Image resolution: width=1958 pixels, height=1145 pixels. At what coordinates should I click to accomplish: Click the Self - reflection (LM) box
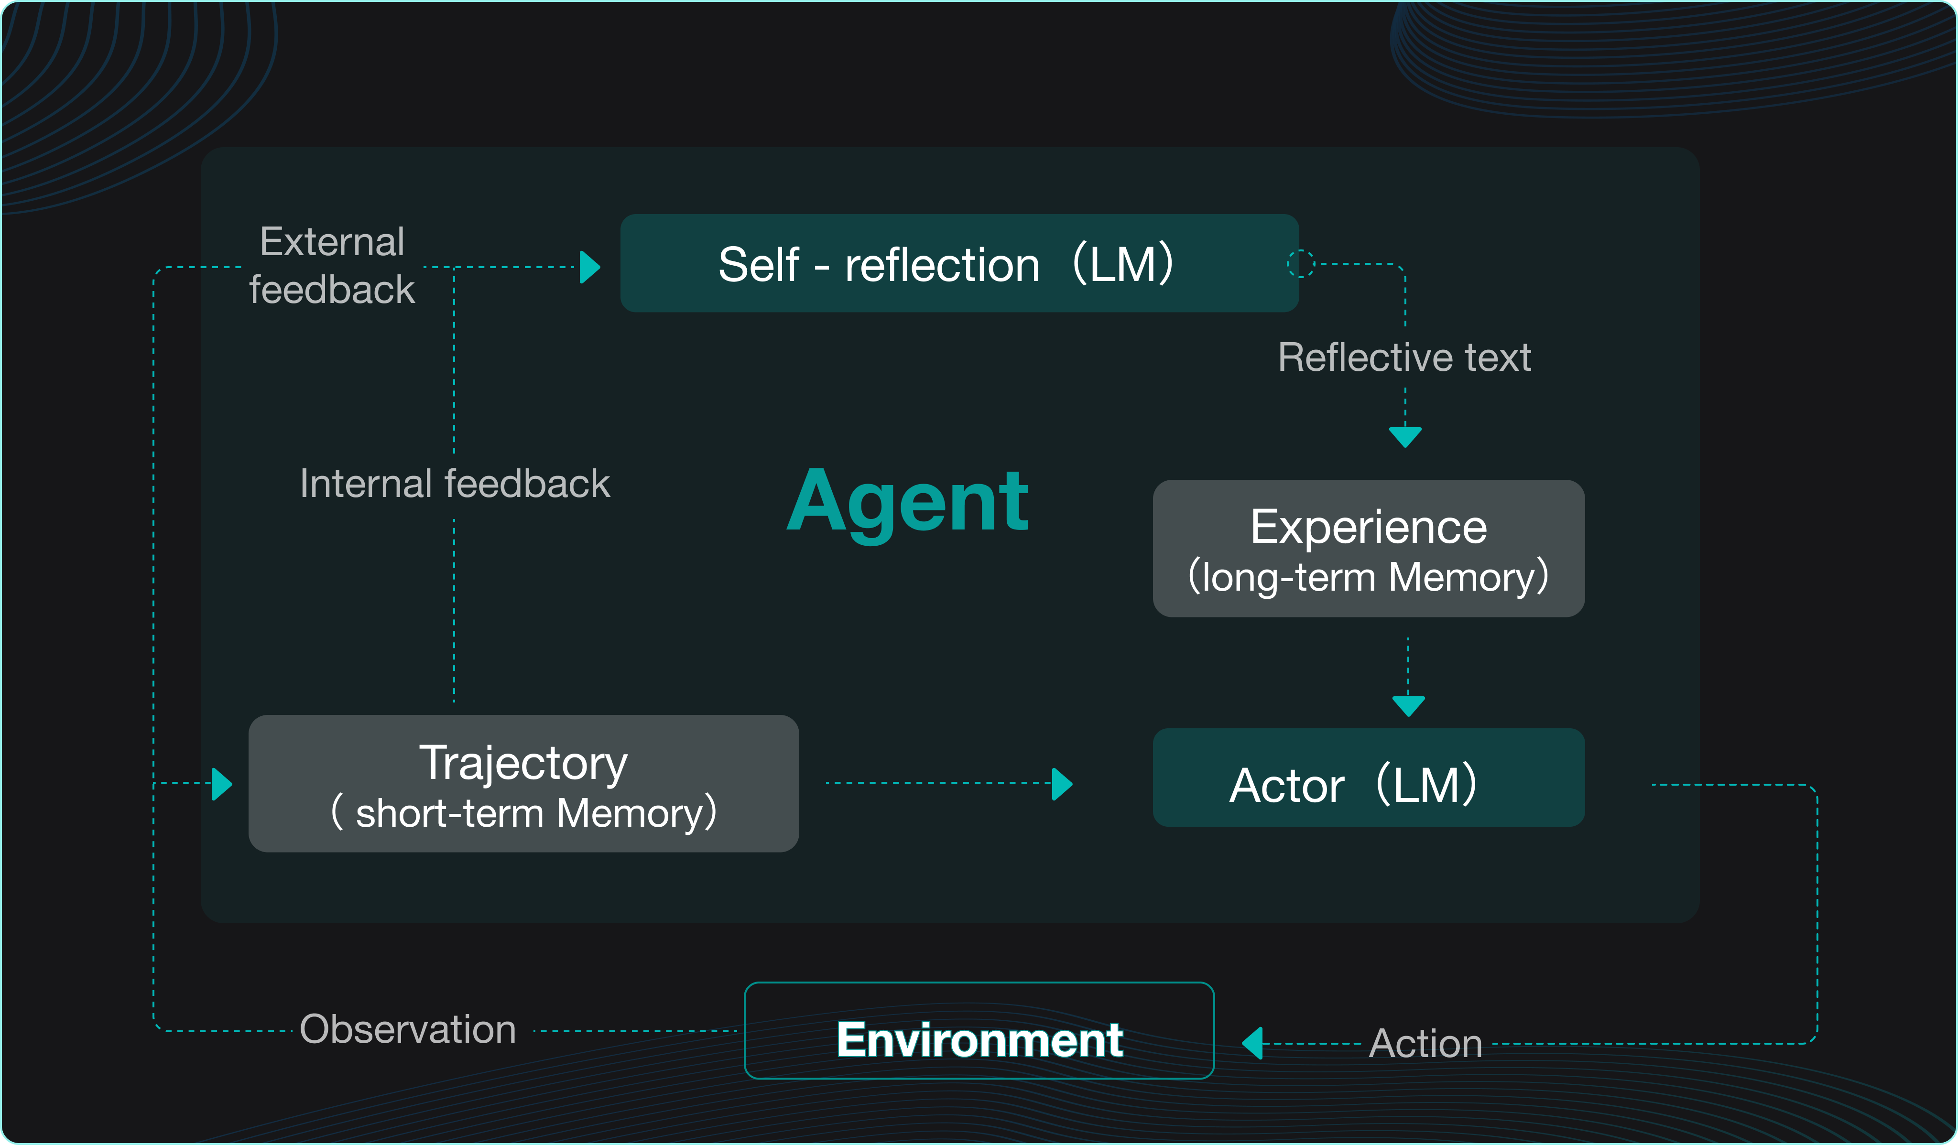tap(959, 263)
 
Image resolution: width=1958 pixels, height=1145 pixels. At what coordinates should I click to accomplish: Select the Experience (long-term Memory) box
tap(1368, 549)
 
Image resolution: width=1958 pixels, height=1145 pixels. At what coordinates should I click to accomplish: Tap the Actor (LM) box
tap(1368, 778)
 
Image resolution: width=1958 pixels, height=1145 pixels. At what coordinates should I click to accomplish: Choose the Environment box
tap(979, 1031)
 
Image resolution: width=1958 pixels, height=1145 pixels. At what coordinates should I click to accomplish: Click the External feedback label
tap(332, 265)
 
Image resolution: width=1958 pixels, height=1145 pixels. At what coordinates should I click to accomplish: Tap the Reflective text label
tap(1404, 357)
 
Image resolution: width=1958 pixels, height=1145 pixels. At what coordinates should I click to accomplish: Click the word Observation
tap(408, 1029)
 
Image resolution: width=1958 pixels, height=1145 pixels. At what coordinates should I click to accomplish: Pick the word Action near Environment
tap(1425, 1043)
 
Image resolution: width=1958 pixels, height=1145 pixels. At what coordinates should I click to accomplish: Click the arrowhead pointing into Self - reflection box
tap(590, 267)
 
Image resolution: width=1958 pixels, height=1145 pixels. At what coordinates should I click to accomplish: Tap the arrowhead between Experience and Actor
tap(1408, 705)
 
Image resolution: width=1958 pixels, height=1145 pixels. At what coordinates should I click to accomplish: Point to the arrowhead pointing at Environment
tap(1252, 1043)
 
